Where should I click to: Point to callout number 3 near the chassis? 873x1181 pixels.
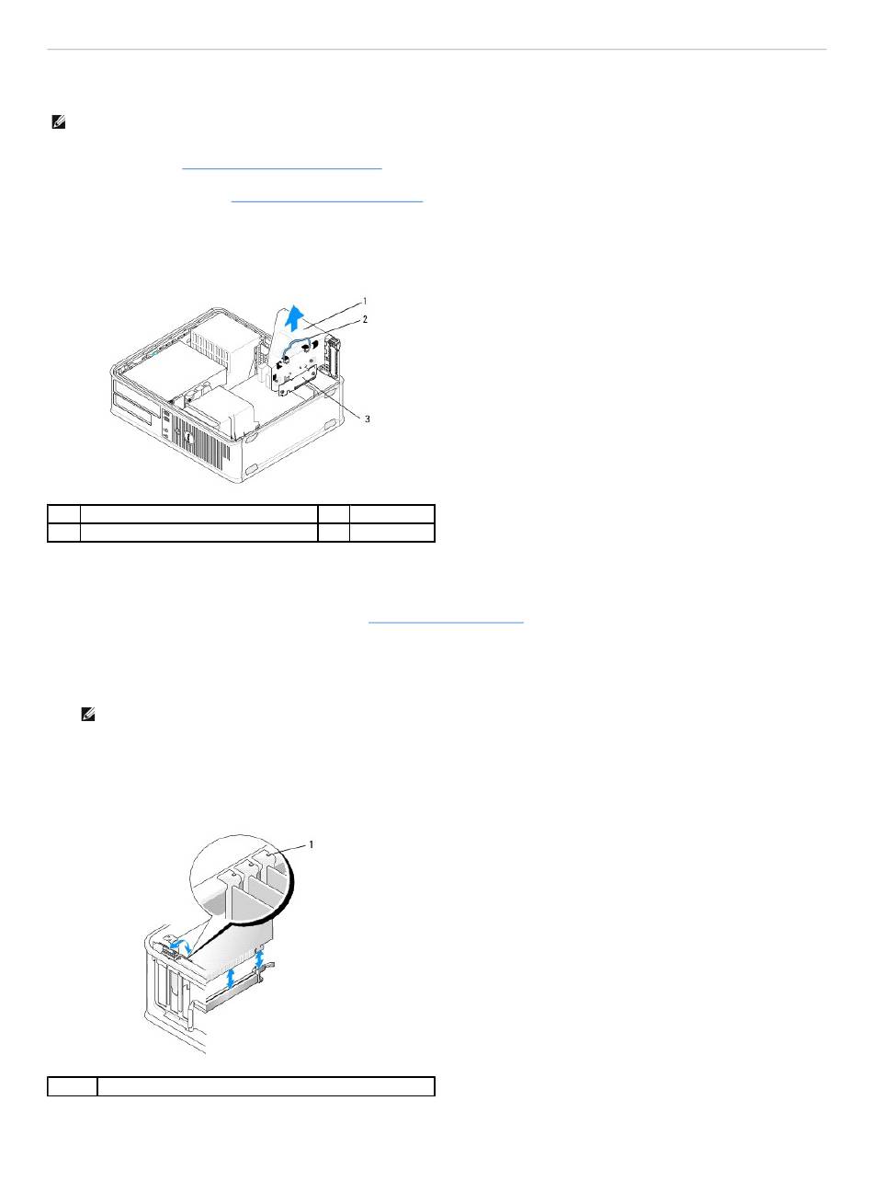click(368, 418)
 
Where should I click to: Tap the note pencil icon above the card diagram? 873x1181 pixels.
click(89, 713)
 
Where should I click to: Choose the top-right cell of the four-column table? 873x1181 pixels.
click(391, 513)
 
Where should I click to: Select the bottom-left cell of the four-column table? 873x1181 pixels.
click(63, 532)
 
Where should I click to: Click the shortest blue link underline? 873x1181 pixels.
click(445, 623)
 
